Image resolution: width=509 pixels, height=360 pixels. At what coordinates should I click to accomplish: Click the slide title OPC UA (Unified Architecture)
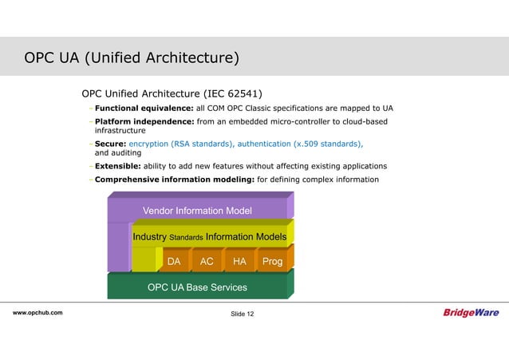(x=132, y=59)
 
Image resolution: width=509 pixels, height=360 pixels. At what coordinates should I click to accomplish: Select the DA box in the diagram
(x=173, y=261)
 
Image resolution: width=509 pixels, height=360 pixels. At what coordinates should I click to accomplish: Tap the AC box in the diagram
(x=207, y=261)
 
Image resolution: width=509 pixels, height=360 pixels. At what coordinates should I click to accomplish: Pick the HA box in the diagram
(x=239, y=261)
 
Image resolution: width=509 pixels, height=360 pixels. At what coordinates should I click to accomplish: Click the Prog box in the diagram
(x=272, y=261)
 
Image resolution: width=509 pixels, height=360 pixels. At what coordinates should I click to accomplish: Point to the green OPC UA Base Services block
(x=197, y=287)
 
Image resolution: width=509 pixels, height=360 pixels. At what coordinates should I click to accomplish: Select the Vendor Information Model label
(x=197, y=211)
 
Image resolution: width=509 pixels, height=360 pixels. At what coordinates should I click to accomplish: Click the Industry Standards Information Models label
(x=210, y=237)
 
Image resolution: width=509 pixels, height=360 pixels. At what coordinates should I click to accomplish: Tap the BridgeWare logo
(x=471, y=313)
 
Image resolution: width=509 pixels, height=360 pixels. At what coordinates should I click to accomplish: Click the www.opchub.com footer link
(x=38, y=313)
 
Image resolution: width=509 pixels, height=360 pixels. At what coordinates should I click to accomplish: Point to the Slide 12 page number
(x=243, y=314)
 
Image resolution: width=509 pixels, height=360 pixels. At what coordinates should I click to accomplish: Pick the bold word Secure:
(x=110, y=144)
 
